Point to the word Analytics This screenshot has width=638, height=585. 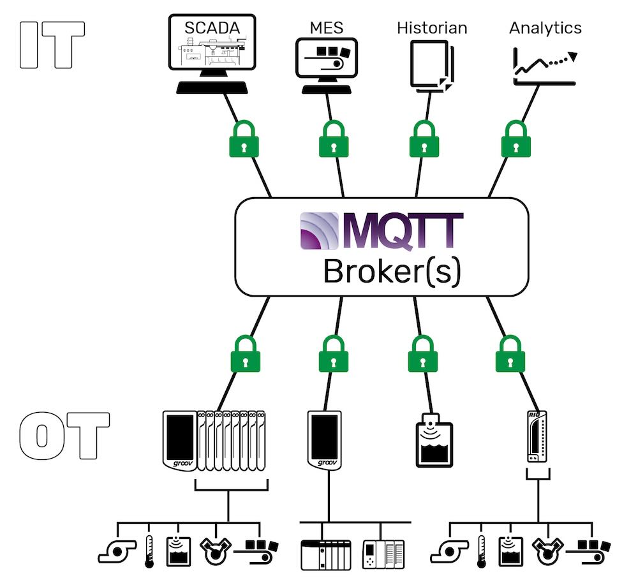pyautogui.click(x=545, y=27)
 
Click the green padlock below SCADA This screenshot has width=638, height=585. pyautogui.click(x=244, y=140)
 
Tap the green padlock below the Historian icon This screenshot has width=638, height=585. pyautogui.click(x=422, y=140)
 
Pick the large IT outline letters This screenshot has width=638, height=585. pyautogui.click(x=52, y=45)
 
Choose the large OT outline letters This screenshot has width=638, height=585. pyautogui.click(x=63, y=436)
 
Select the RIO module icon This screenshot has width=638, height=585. pyautogui.click(x=535, y=437)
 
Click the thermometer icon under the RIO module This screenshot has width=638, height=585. pyautogui.click(x=482, y=549)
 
